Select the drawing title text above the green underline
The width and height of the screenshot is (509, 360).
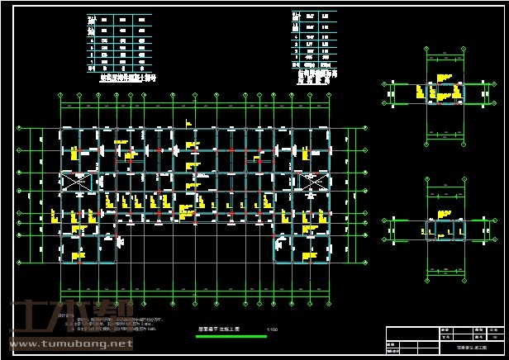[x=218, y=329]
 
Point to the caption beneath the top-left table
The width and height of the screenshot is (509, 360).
[x=121, y=77]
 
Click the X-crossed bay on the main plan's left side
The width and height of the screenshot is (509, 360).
[x=75, y=183]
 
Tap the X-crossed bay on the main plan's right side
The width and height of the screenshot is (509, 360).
[x=312, y=184]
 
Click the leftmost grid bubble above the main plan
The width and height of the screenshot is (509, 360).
[x=61, y=96]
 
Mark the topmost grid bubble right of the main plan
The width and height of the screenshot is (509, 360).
[x=364, y=131]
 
